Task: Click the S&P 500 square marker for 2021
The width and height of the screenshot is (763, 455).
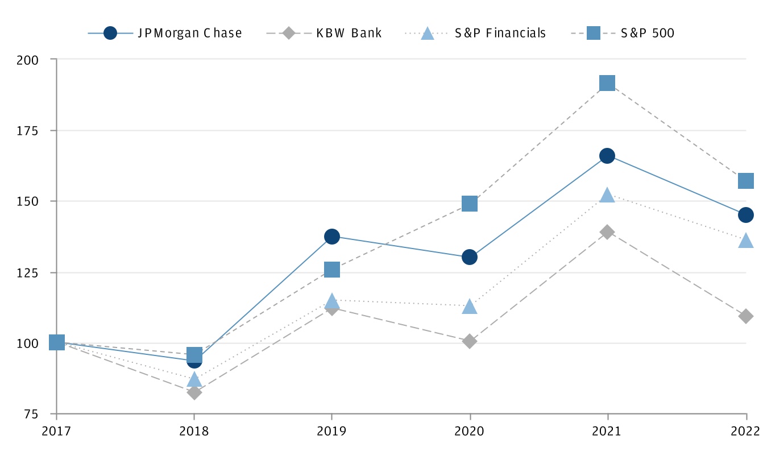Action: pyautogui.click(x=607, y=83)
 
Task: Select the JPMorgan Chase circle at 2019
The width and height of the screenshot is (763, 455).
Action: pyautogui.click(x=332, y=237)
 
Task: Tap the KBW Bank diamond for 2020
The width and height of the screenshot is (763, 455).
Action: pyautogui.click(x=470, y=341)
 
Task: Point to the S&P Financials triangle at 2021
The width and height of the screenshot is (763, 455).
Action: pyautogui.click(x=607, y=195)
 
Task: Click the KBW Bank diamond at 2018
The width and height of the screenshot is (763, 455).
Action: pyautogui.click(x=194, y=392)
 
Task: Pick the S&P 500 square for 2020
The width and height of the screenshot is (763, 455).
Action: pyautogui.click(x=470, y=204)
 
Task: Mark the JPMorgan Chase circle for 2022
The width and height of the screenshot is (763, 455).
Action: pyautogui.click(x=745, y=215)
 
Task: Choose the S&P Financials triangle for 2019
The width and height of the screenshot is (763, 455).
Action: pyautogui.click(x=332, y=300)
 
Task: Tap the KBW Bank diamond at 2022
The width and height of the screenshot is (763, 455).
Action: pyautogui.click(x=745, y=316)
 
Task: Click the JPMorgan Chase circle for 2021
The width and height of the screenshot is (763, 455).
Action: pyautogui.click(x=607, y=156)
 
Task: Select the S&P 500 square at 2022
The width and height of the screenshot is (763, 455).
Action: pyautogui.click(x=745, y=181)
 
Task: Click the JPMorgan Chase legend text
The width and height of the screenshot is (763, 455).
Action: pyautogui.click(x=190, y=33)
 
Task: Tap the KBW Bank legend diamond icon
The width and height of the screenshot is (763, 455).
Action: pyautogui.click(x=289, y=33)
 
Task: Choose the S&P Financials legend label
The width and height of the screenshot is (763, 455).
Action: pyautogui.click(x=500, y=33)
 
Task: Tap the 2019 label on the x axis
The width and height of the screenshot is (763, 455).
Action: pyautogui.click(x=332, y=431)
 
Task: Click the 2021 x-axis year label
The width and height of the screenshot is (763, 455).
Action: pyautogui.click(x=607, y=431)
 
